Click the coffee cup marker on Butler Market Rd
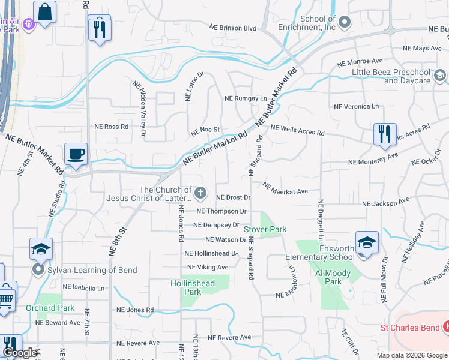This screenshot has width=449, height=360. point(76,154)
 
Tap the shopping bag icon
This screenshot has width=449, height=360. point(45,12)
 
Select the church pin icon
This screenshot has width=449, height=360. point(200,193)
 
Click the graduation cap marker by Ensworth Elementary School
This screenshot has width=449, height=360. point(367,242)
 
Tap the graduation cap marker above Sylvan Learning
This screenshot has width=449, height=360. point(41,248)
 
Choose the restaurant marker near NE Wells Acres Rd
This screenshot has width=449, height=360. point(385,133)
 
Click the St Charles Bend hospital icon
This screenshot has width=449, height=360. point(445,327)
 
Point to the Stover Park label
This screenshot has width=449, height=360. point(265,229)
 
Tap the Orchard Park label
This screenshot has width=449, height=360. point(50,308)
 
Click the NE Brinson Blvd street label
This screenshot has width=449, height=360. point(233,28)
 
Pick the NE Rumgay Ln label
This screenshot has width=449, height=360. point(245,98)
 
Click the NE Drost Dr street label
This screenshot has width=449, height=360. point(233,197)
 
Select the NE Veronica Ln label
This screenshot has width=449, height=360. point(357,107)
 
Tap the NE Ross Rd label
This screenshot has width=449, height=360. point(112,127)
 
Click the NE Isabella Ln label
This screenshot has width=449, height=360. point(80,288)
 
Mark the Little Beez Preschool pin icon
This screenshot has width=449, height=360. point(439,75)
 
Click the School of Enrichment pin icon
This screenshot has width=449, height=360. point(344,23)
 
